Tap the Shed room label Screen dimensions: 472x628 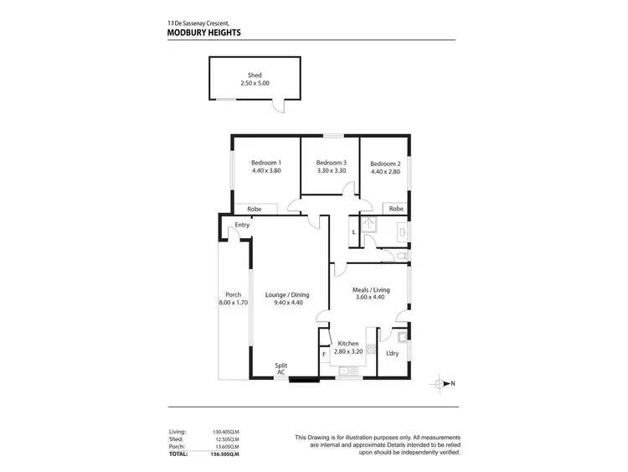coord(255,75)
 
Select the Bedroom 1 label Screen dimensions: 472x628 coord(265,163)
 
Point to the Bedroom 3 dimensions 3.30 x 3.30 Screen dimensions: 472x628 coord(331,171)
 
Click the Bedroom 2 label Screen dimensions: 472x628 coord(385,163)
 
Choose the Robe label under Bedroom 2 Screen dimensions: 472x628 coord(396,208)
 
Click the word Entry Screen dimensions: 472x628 coord(242,225)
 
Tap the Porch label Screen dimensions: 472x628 coord(233,294)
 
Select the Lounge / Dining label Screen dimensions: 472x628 coord(287,294)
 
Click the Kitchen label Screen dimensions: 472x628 coord(347,343)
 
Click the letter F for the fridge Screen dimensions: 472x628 coord(324,355)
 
